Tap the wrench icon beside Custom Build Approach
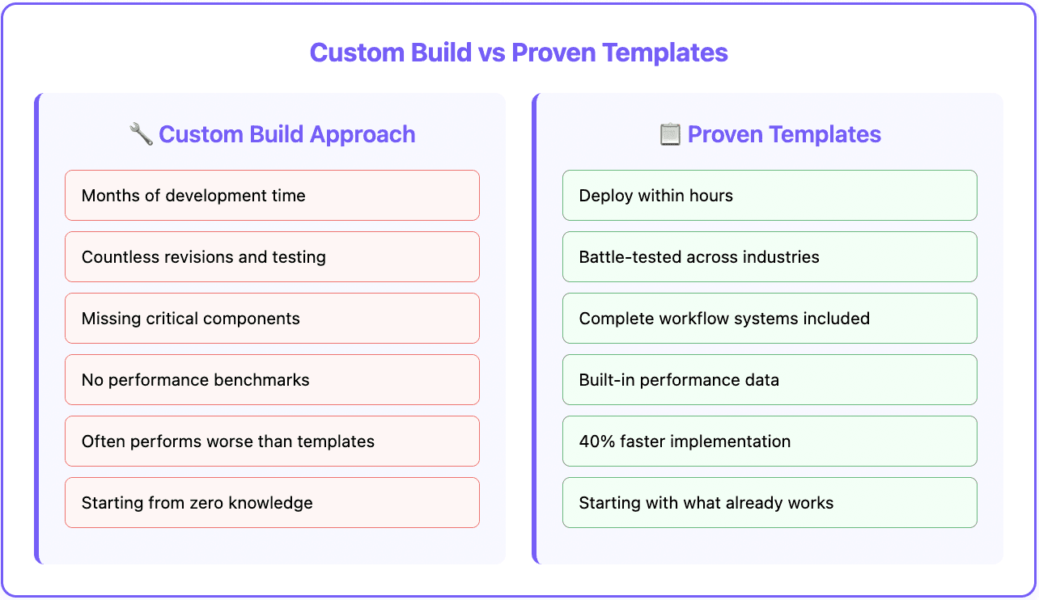click(141, 133)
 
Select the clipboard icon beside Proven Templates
click(670, 133)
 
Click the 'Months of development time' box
click(272, 196)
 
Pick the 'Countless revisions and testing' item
click(272, 257)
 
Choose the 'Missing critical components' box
click(272, 319)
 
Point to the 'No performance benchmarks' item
click(272, 380)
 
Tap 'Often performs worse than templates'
click(272, 442)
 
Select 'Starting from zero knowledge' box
click(272, 503)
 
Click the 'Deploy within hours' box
click(770, 196)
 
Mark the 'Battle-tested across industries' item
click(770, 257)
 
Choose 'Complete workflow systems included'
click(770, 319)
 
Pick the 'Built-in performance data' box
click(770, 380)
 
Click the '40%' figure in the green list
click(595, 442)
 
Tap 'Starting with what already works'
click(770, 503)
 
